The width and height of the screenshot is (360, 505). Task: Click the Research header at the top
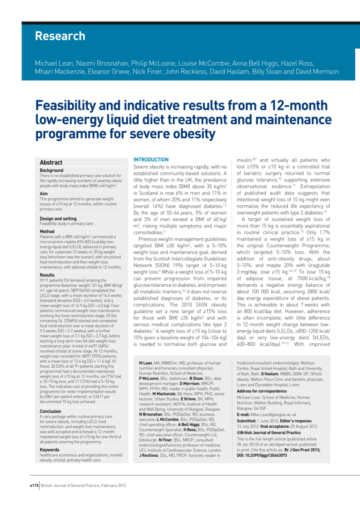point(60,36)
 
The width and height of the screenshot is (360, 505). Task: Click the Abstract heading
point(51,163)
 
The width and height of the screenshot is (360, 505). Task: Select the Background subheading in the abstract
point(52,171)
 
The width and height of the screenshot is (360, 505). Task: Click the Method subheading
point(47,231)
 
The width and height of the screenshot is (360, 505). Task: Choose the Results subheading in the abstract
point(48,275)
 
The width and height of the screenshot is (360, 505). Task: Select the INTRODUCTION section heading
point(151,160)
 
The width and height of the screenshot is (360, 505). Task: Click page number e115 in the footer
point(32,484)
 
